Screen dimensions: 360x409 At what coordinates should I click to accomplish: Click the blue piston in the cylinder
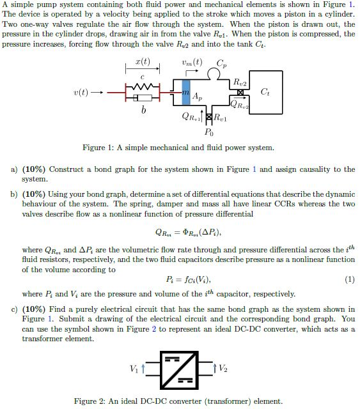coord(187,93)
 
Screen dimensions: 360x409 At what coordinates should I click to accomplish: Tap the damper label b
coord(143,111)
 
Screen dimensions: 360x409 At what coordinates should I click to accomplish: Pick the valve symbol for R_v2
coord(240,92)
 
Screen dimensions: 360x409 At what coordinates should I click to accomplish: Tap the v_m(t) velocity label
coord(191,62)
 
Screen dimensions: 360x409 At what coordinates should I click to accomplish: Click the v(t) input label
coord(81,93)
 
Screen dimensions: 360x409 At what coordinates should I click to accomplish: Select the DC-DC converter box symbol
coord(181,369)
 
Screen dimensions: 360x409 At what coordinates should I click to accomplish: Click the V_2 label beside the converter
coord(223,369)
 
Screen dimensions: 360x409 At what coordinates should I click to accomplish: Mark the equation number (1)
coord(349,279)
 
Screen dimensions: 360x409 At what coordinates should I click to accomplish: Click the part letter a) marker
coord(13,169)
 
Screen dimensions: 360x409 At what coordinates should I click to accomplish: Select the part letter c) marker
coord(13,309)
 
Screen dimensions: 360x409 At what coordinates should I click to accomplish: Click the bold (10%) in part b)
coord(34,194)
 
